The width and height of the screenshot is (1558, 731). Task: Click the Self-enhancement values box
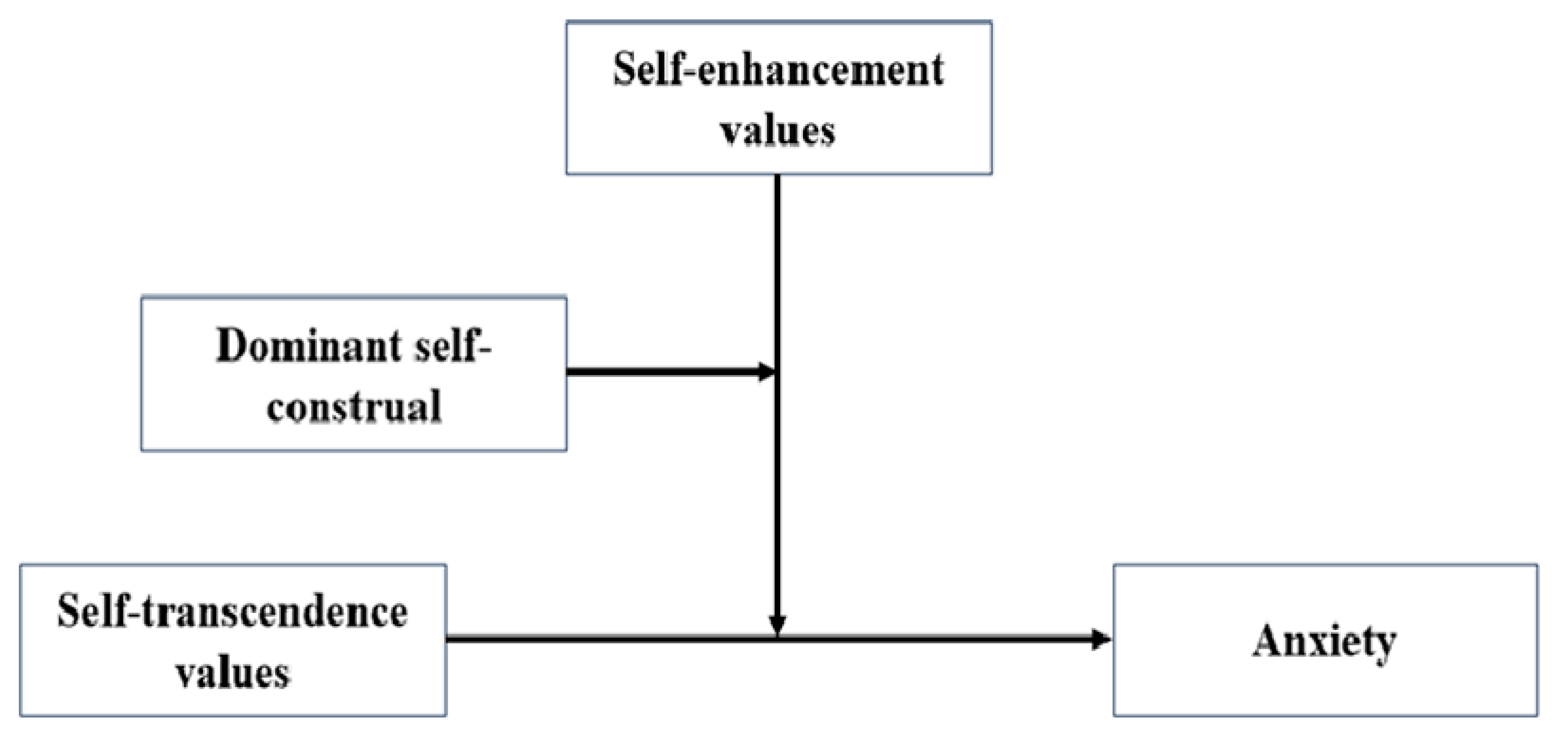(x=778, y=98)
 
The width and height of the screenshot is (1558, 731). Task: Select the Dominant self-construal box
(x=354, y=373)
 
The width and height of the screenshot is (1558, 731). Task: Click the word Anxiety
(x=1325, y=642)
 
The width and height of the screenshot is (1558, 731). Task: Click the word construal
(x=354, y=405)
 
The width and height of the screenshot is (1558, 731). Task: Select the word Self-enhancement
(x=778, y=70)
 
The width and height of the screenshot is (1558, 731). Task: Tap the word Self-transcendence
(x=233, y=612)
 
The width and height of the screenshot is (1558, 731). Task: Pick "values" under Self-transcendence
(x=233, y=672)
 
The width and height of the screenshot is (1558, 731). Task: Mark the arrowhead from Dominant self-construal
(x=766, y=372)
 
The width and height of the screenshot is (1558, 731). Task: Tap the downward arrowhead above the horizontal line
(x=777, y=624)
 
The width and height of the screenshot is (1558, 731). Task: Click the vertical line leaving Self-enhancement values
(x=777, y=272)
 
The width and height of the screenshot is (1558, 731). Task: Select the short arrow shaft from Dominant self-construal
(x=659, y=372)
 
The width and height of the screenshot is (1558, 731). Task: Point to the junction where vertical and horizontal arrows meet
(x=777, y=638)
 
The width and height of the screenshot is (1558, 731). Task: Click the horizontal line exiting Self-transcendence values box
(x=605, y=638)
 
